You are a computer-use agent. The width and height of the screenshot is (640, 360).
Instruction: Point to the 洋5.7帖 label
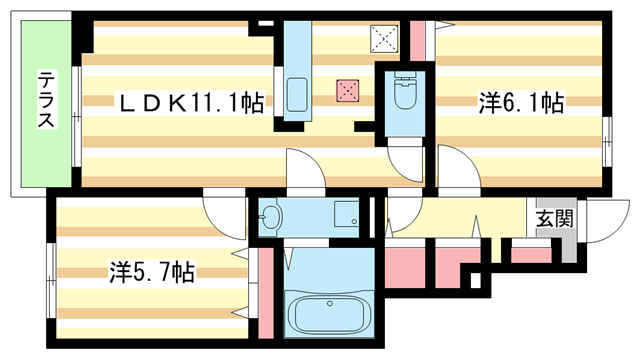click(150, 271)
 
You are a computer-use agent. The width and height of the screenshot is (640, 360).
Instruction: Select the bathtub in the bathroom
click(329, 314)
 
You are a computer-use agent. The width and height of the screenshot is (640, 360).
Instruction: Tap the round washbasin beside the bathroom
click(270, 214)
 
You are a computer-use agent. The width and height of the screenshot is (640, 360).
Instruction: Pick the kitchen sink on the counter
click(297, 94)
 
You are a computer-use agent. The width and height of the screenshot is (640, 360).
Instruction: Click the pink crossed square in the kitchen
click(347, 91)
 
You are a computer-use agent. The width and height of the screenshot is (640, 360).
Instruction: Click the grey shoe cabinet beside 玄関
click(569, 240)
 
